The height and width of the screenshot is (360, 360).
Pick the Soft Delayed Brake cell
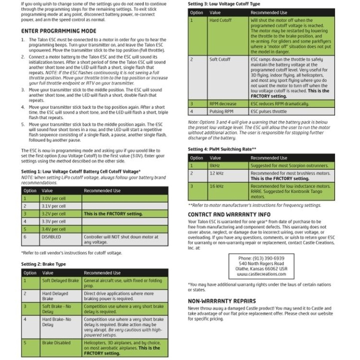60,281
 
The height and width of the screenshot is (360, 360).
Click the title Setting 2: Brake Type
43,264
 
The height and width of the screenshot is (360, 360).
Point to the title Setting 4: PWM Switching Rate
222,149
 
